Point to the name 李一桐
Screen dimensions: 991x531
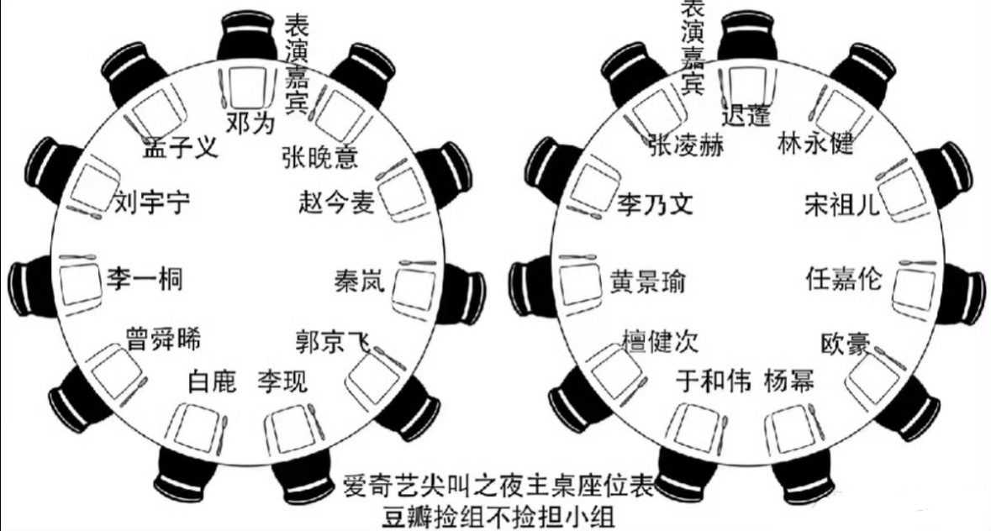click(x=145, y=278)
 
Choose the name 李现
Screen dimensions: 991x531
click(x=282, y=381)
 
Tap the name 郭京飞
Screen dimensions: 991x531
click(x=333, y=340)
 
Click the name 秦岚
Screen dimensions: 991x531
click(x=359, y=280)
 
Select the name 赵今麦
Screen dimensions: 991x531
click(x=336, y=202)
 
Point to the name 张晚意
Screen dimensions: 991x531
click(x=320, y=155)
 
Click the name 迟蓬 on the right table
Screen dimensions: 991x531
click(x=746, y=115)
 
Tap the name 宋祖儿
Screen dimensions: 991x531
click(x=842, y=204)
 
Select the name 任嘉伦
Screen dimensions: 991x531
click(x=844, y=278)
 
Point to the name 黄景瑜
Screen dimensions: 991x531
click(x=647, y=281)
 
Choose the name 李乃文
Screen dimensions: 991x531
click(x=655, y=204)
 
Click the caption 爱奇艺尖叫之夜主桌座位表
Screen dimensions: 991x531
click(x=498, y=486)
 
